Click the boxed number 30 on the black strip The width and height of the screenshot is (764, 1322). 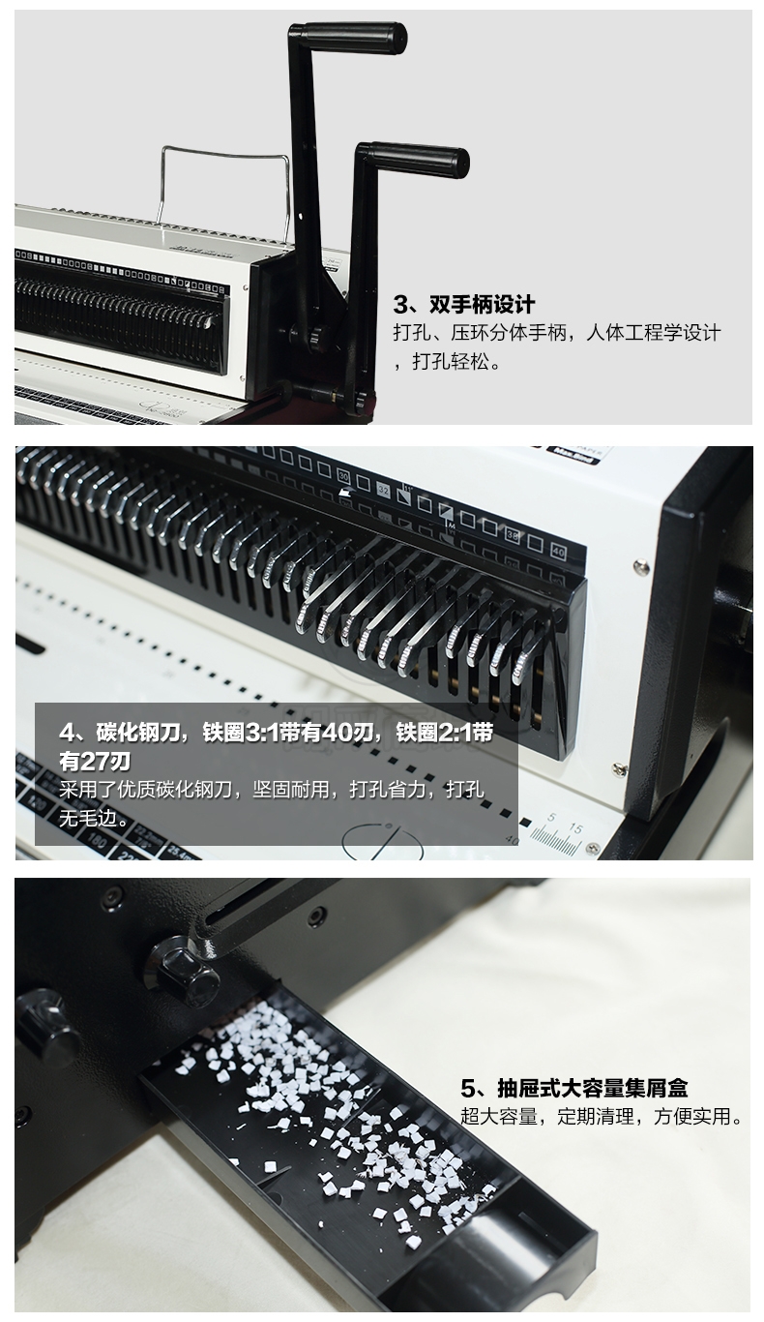[342, 475]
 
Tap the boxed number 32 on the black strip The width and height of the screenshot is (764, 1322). [384, 490]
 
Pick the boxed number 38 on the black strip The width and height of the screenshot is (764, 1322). [512, 536]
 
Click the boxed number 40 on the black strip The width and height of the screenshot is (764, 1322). [557, 553]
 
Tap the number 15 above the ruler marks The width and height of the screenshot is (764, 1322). [575, 828]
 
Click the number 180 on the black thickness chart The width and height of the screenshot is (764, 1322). [98, 839]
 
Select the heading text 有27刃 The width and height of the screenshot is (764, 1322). [95, 762]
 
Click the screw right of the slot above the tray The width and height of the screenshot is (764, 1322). [318, 915]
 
